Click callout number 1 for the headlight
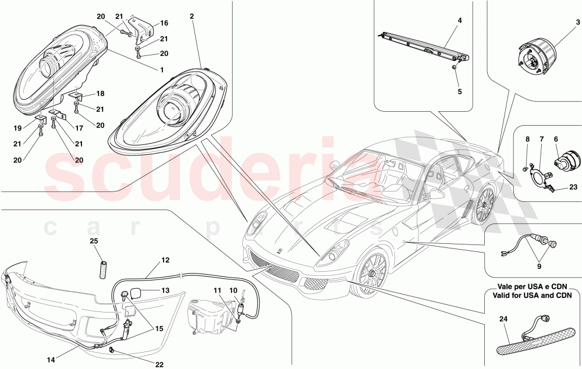(x=161, y=70)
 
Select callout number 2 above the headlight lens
(x=191, y=16)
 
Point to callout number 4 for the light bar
(x=460, y=21)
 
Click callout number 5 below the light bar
(x=460, y=92)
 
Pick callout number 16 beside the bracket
(x=164, y=23)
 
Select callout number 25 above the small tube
(x=94, y=241)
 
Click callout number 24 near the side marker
(x=503, y=319)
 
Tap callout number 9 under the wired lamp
(x=539, y=266)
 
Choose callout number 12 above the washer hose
(x=165, y=260)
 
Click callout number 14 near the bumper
(x=51, y=359)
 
